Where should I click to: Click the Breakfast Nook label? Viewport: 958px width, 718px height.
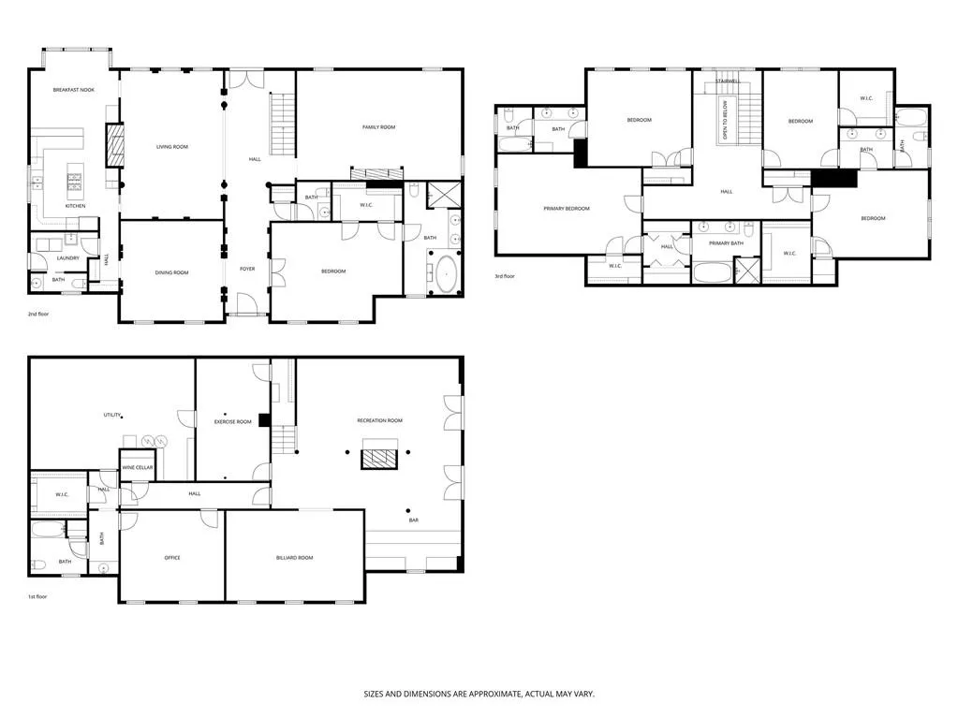[x=73, y=89]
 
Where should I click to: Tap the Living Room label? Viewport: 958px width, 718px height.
[x=171, y=147]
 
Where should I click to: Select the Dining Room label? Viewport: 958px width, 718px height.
[x=171, y=272]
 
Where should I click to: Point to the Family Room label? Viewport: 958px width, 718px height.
[x=379, y=126]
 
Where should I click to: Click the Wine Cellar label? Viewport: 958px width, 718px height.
[x=137, y=467]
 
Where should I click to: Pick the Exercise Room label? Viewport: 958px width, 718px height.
[x=233, y=422]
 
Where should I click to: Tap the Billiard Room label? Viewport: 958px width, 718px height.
[x=294, y=558]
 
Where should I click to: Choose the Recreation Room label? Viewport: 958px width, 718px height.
[x=379, y=421]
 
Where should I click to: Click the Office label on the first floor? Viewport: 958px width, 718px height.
[x=172, y=558]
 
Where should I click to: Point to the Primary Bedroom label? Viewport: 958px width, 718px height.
[x=567, y=209]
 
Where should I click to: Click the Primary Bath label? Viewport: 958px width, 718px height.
[x=725, y=243]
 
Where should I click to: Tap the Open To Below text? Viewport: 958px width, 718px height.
[x=724, y=121]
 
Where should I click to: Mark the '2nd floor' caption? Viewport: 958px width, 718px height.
[x=38, y=314]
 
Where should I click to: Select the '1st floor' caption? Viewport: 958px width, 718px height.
[x=38, y=596]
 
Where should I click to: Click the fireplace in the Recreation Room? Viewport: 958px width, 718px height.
[x=379, y=457]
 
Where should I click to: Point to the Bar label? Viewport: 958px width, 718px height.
[x=412, y=520]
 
